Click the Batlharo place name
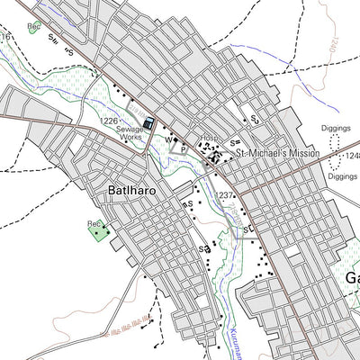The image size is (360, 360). [133, 191]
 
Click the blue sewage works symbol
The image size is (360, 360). [148, 125]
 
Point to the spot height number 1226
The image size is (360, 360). [110, 121]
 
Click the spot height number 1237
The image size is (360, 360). [225, 194]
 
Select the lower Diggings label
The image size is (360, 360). [344, 176]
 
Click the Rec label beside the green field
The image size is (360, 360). [94, 222]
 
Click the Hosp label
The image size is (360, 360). [210, 139]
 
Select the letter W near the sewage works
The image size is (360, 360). [167, 140]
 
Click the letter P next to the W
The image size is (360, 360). [183, 148]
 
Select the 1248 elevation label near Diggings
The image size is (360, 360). [351, 156]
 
